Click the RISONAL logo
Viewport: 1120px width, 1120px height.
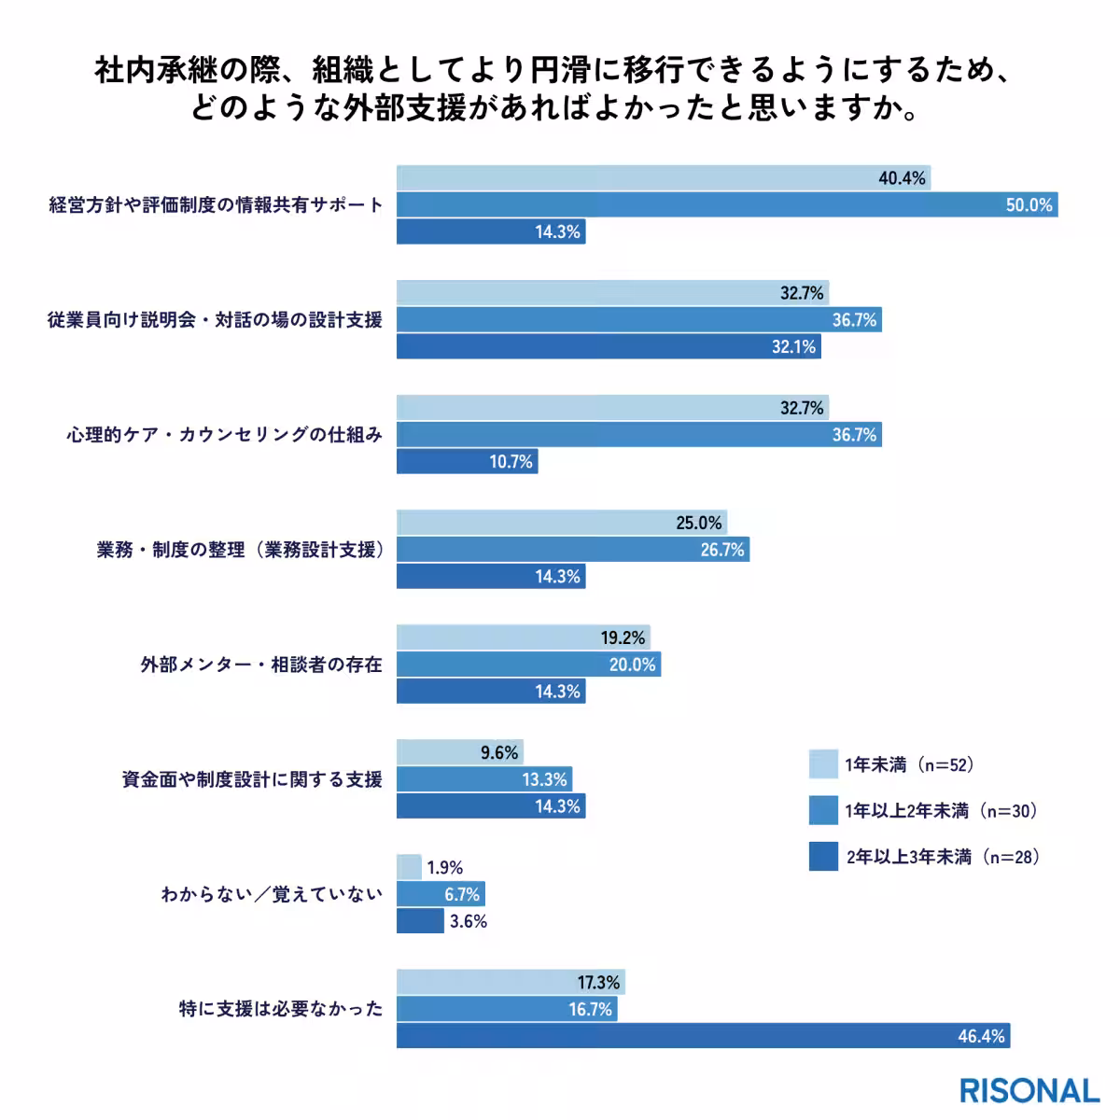[x=1029, y=1090]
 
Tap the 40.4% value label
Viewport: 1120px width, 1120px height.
[x=902, y=178]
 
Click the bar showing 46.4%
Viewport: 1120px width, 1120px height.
[x=703, y=1036]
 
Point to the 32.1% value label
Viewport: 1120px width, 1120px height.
[x=793, y=347]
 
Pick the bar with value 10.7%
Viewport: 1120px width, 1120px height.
[x=467, y=462]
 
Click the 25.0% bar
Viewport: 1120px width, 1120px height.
[x=561, y=523]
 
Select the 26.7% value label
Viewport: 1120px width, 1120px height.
[x=722, y=551]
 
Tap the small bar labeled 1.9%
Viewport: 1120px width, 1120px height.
[x=409, y=868]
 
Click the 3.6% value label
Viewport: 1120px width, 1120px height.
[x=469, y=922]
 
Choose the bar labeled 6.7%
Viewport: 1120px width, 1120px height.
[x=441, y=895]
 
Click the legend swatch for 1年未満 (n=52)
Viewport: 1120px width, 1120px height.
[x=823, y=764]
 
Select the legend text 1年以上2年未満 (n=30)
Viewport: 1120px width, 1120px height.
[x=942, y=811]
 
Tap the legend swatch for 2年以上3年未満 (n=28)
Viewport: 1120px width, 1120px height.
[x=823, y=857]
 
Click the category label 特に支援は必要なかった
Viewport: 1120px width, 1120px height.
[x=281, y=1009]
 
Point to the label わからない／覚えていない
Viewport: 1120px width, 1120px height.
[x=272, y=895]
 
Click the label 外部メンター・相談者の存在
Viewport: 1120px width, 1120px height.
[x=261, y=665]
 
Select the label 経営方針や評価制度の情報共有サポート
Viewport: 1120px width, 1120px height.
[x=216, y=205]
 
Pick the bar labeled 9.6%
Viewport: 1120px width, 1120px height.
[x=459, y=752]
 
